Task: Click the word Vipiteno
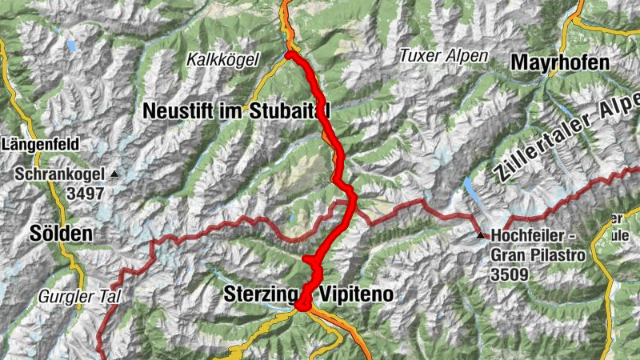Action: (x=357, y=294)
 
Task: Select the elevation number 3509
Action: (x=511, y=275)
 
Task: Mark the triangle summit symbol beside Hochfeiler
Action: (x=480, y=235)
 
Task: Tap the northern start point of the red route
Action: (x=289, y=54)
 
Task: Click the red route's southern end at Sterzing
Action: (x=302, y=304)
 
